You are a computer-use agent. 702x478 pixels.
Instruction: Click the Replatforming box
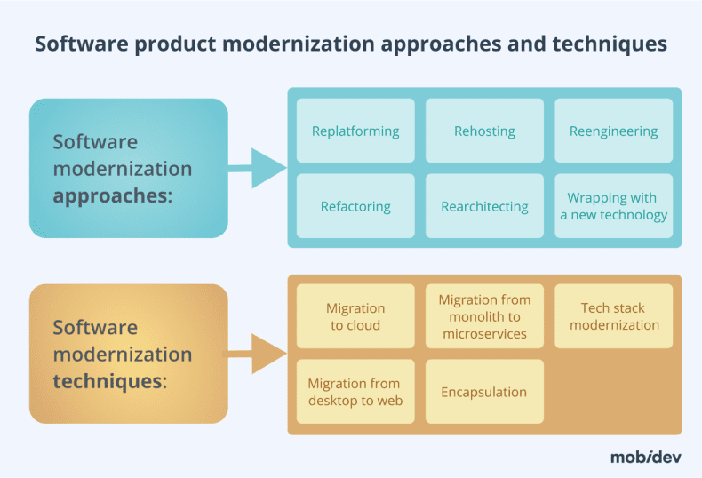[355, 131]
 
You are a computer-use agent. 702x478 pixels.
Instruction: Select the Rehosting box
[484, 131]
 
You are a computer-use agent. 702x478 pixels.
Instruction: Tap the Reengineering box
[613, 131]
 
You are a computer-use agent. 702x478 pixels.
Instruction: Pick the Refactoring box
[355, 206]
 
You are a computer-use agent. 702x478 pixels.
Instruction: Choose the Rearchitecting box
[484, 206]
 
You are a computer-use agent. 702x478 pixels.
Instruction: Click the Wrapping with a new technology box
[613, 206]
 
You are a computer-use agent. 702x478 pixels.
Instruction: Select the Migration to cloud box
[355, 316]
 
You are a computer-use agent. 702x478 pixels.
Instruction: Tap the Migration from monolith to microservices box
[484, 316]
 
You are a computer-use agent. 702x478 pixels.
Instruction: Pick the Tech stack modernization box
[613, 316]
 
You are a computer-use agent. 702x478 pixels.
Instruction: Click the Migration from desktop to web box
[355, 392]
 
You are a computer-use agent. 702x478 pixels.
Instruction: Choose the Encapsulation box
[484, 392]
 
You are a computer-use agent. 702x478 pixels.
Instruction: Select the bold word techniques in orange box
[108, 381]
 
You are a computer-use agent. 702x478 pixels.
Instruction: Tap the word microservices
[484, 334]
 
